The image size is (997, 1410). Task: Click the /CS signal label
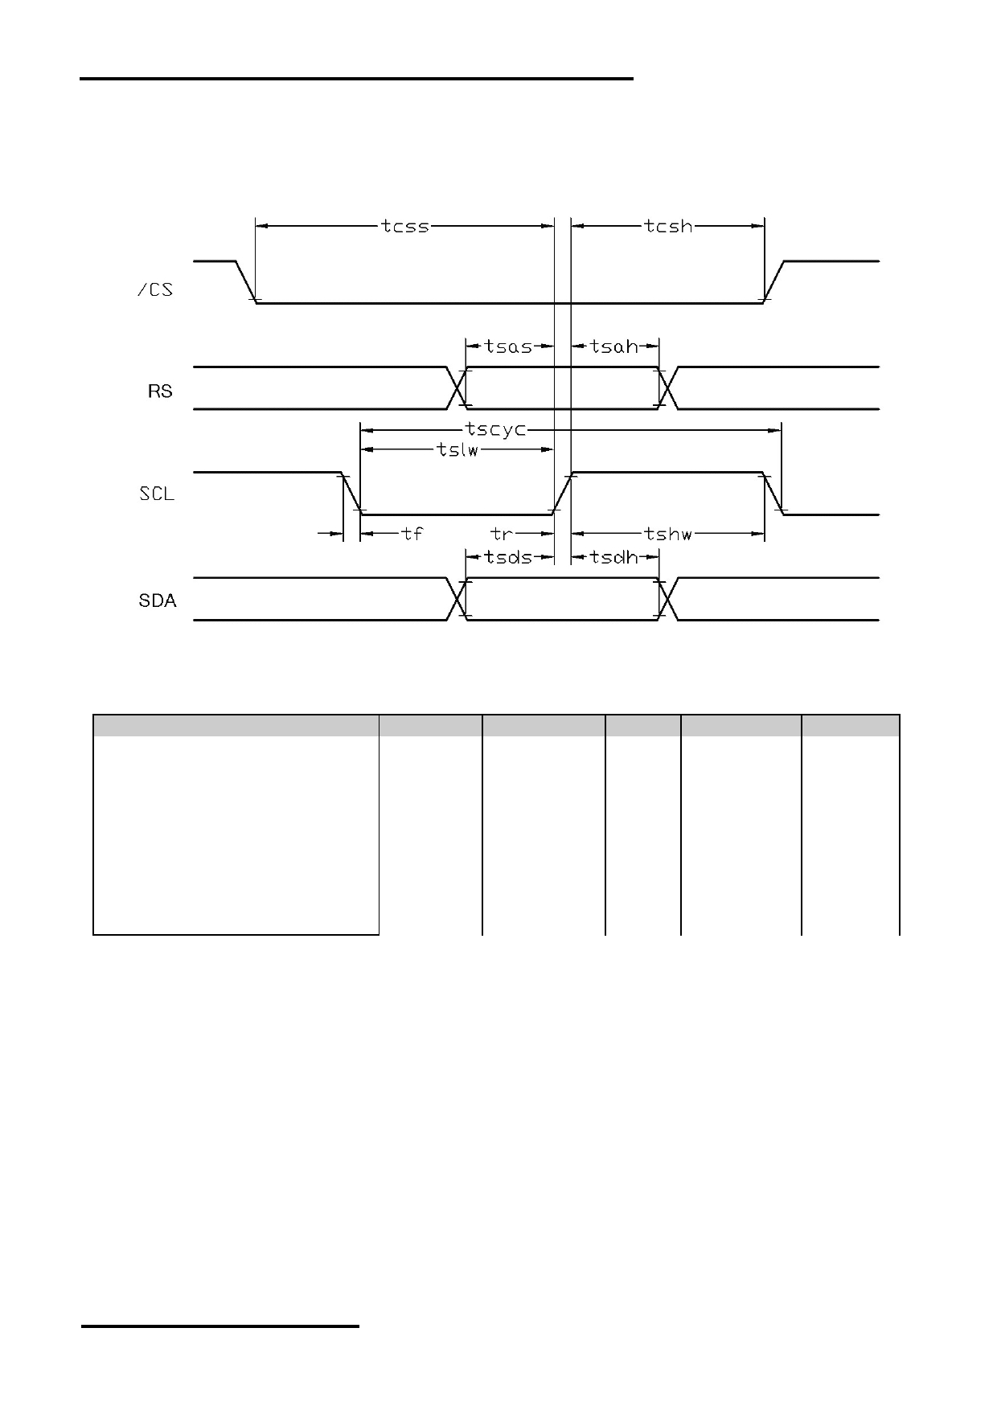point(155,289)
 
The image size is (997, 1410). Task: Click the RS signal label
point(160,391)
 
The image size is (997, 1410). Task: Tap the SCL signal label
point(157,494)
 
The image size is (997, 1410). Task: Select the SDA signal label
point(158,600)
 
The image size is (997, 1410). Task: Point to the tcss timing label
point(405,227)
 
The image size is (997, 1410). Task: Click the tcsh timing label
point(668,227)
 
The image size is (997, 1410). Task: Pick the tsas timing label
point(509,346)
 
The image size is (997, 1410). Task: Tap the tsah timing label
point(614,346)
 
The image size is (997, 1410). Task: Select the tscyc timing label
point(496,430)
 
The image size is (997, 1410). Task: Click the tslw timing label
point(458,450)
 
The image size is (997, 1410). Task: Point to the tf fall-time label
point(412,533)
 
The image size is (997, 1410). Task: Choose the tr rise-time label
point(502,533)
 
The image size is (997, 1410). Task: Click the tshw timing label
point(668,533)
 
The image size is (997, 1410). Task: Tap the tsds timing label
point(509,557)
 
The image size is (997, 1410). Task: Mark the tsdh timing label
point(614,557)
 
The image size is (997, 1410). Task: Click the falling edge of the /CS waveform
point(245,282)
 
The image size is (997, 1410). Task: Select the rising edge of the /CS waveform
point(774,282)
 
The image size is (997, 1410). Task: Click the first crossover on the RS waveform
point(457,388)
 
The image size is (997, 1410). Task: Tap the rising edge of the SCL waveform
point(562,493)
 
